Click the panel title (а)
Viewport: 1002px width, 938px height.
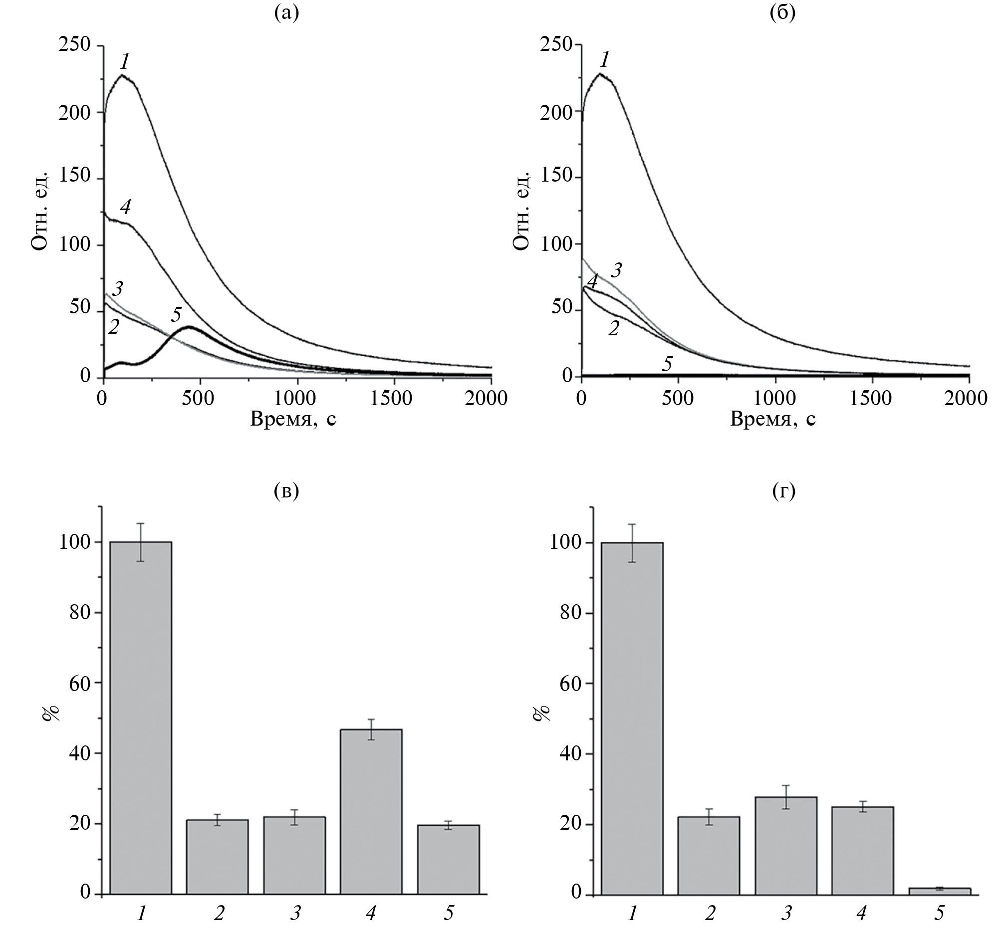pos(286,13)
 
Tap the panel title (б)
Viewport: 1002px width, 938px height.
pos(783,13)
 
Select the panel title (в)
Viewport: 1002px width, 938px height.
pos(286,490)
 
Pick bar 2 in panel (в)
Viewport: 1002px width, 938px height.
pos(217,857)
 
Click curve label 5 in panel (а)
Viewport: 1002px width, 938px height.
pos(176,314)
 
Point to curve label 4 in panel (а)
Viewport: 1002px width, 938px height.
pos(125,207)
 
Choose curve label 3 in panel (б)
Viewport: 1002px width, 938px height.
pos(616,270)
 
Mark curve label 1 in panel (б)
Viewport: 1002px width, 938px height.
pos(605,60)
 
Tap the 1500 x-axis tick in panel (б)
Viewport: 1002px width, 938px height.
pos(870,398)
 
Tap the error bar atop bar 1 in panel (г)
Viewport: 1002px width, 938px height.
pos(632,543)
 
